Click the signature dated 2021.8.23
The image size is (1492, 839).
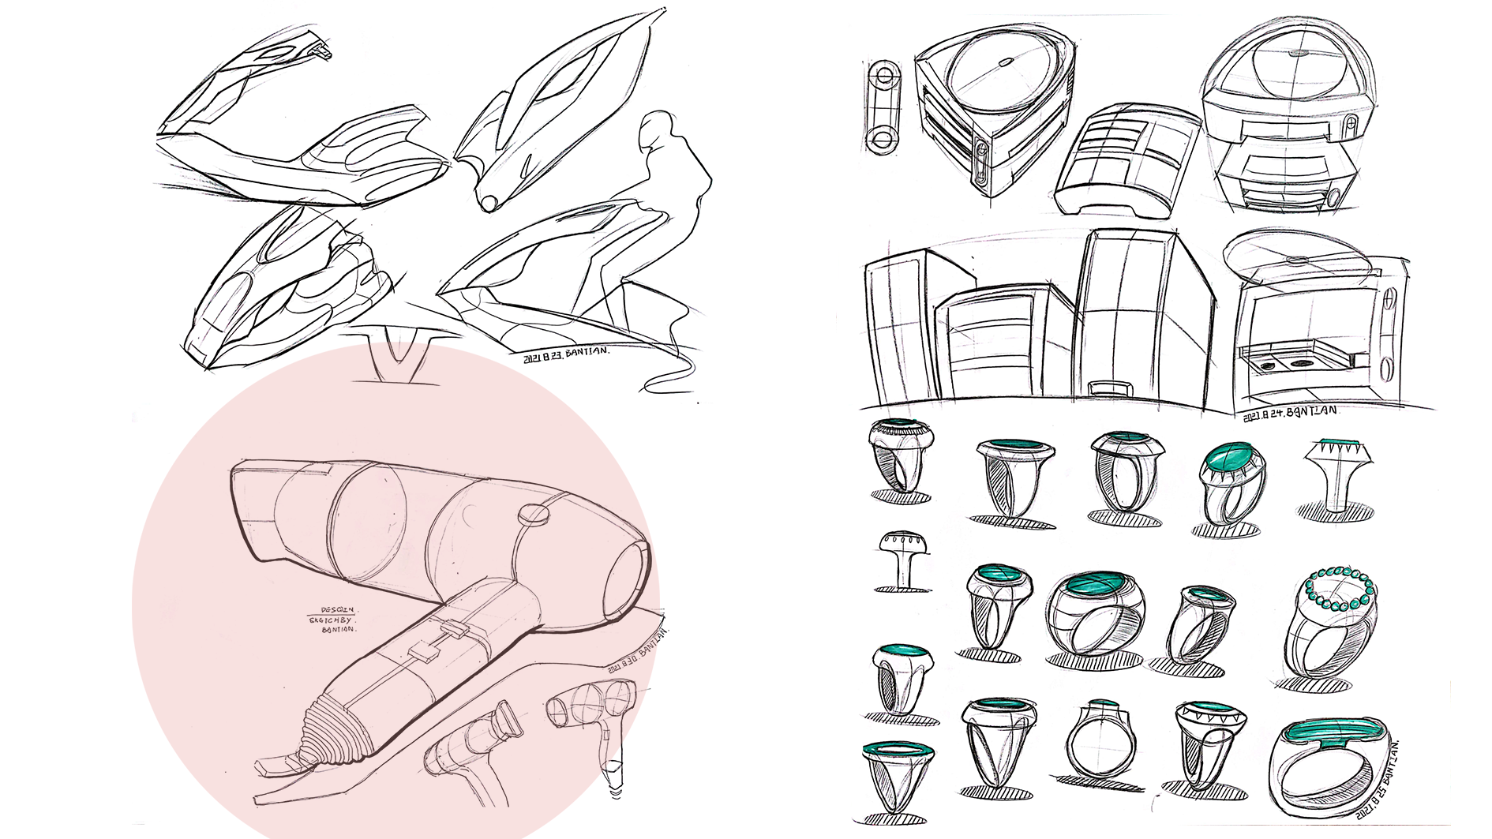(x=565, y=353)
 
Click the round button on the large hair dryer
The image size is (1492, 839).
(x=534, y=515)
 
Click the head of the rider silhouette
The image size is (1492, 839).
(x=656, y=128)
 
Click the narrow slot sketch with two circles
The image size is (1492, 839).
(x=883, y=107)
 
